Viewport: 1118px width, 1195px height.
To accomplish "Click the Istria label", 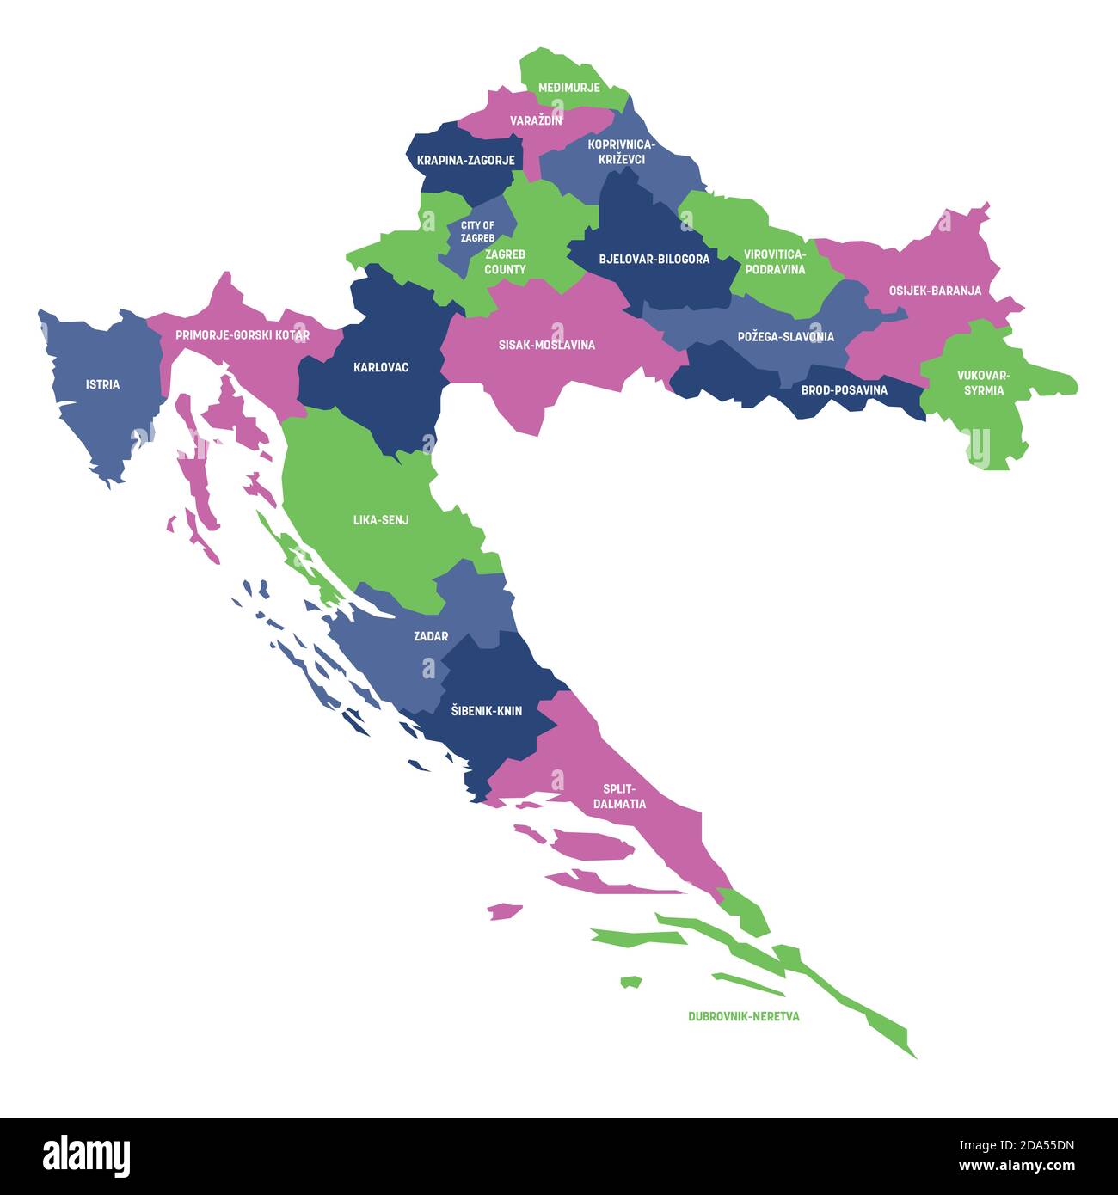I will (102, 384).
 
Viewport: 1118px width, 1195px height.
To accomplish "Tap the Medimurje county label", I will (568, 88).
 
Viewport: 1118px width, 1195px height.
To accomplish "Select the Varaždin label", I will (536, 120).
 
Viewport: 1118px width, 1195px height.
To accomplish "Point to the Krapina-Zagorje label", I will (465, 160).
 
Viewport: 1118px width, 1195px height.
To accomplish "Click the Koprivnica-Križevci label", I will (621, 152).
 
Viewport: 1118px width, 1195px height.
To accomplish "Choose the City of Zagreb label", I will (477, 231).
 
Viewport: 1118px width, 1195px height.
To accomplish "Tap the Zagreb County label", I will (505, 262).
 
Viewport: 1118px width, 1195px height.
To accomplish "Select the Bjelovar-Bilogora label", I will (654, 259).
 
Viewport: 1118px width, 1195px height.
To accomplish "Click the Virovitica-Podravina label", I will (775, 262).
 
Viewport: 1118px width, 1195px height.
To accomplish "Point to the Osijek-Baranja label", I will (935, 291).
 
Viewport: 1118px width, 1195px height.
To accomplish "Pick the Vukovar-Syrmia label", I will (984, 383).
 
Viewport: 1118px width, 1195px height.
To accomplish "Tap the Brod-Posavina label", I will (844, 390).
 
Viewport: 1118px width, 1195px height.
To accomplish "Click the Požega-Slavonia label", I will (785, 337).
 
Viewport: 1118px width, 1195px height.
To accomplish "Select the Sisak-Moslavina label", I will (546, 345).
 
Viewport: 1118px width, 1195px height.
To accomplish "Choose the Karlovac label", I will (381, 367).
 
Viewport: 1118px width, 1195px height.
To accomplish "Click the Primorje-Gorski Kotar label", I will (243, 334).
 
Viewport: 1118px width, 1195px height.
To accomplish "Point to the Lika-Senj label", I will (381, 520).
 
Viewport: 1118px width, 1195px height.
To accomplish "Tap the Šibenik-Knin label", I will (487, 711).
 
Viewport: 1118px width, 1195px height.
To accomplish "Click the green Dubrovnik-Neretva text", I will (743, 1016).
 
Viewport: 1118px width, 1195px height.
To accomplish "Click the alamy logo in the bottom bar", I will (86, 1155).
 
